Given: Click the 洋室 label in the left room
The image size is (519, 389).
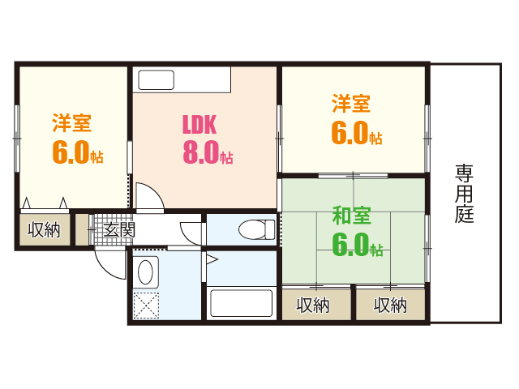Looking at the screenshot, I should pos(71,123).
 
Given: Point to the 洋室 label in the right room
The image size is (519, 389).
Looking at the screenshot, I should pos(351,104).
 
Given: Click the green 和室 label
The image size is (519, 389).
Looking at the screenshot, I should pos(352,216).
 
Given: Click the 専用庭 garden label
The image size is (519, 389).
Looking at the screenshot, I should pos(464,194).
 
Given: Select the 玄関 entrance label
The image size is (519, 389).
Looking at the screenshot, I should pos(119,230).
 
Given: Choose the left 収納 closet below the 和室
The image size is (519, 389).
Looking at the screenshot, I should pos(312,306).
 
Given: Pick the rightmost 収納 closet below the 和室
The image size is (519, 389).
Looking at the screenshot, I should pos(390,306).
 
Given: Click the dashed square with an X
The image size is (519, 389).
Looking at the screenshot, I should pos(147,306).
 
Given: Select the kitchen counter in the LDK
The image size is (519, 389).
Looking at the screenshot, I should pos(185,80).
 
